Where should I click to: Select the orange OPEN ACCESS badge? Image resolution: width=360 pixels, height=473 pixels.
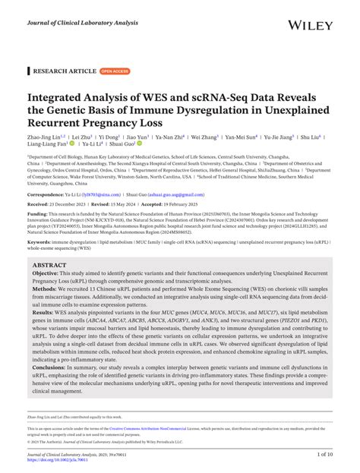coord(114,71)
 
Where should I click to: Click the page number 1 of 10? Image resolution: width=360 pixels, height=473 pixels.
coord(327,455)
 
